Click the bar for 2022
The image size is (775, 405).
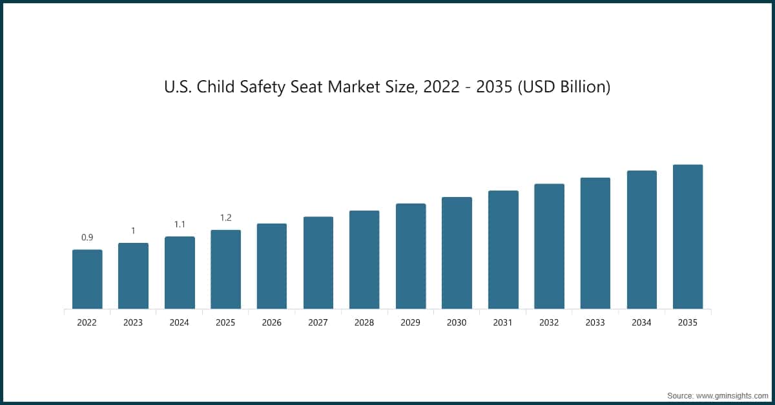pyautogui.click(x=87, y=279)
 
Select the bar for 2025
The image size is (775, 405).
pyautogui.click(x=225, y=269)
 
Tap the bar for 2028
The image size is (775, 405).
pyautogui.click(x=364, y=260)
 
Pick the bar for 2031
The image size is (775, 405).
pyautogui.click(x=503, y=249)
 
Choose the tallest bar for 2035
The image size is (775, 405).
pyautogui.click(x=688, y=236)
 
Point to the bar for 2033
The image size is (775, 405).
pyautogui.click(x=595, y=243)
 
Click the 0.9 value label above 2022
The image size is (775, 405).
pyautogui.click(x=87, y=238)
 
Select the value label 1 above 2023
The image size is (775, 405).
pyautogui.click(x=133, y=231)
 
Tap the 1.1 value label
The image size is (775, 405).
pyautogui.click(x=180, y=224)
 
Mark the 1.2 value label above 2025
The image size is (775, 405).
pyautogui.click(x=225, y=218)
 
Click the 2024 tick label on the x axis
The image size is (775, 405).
pyautogui.click(x=180, y=322)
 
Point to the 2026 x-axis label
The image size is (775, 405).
pyautogui.click(x=272, y=322)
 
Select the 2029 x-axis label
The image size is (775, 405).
pyautogui.click(x=411, y=322)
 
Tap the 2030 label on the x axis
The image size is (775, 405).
pyautogui.click(x=457, y=322)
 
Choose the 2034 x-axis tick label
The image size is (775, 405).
pyautogui.click(x=642, y=322)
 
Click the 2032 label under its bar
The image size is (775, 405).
pyautogui.click(x=549, y=322)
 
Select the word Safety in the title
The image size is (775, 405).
pyautogui.click(x=267, y=87)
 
